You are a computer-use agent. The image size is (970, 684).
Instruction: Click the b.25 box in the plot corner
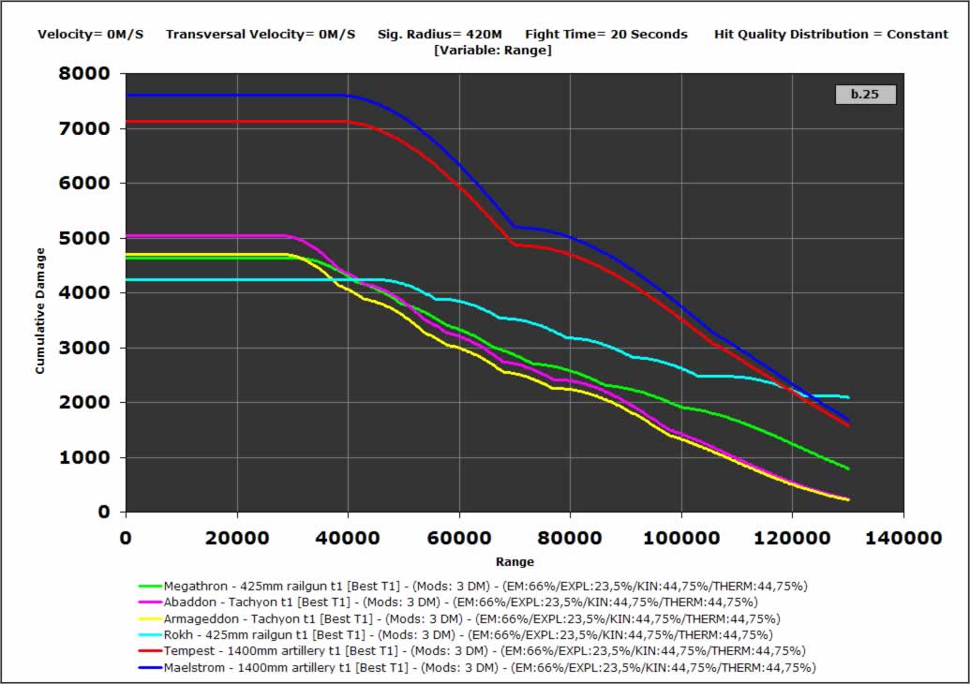coord(865,94)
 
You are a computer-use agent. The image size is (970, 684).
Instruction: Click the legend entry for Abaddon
coord(460,602)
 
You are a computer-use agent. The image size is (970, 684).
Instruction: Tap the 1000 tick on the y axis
coord(90,458)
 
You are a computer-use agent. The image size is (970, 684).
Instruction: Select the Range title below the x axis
coord(515,562)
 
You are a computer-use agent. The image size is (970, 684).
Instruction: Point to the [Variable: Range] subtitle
coord(493,50)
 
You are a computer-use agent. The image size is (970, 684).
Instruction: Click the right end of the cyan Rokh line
coord(848,397)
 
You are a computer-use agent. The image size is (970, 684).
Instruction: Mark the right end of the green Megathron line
coord(848,468)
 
